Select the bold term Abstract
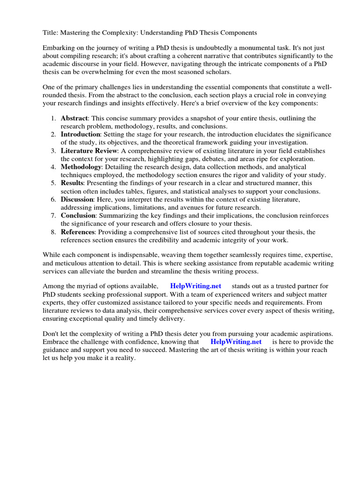[74, 119]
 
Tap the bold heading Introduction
[80, 135]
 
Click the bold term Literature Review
[89, 151]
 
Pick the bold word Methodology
[81, 167]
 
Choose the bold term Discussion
[77, 199]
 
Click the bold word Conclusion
[78, 216]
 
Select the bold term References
[78, 232]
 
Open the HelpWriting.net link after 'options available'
[195, 286]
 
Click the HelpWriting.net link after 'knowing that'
[236, 342]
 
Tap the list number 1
[53, 119]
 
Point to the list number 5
[53, 183]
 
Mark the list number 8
[53, 232]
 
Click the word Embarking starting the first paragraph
[59, 48]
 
